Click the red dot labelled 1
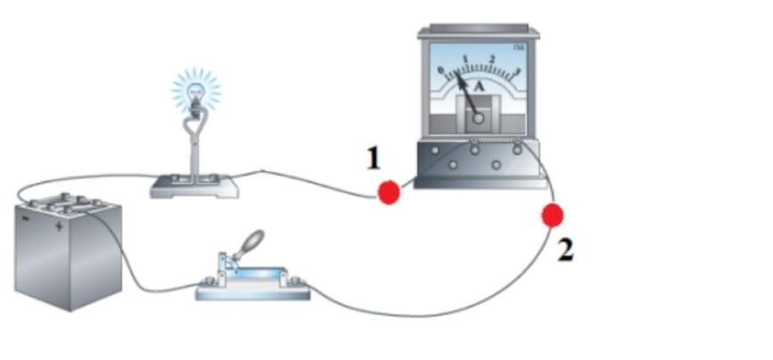(x=389, y=192)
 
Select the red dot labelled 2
(x=553, y=215)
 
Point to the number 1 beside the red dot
(x=374, y=160)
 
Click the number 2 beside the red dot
(x=565, y=250)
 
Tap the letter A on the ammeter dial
(x=479, y=86)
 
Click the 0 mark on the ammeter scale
(x=440, y=70)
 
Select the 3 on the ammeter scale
(x=517, y=70)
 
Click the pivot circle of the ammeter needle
(x=479, y=118)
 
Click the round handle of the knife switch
(x=254, y=239)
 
